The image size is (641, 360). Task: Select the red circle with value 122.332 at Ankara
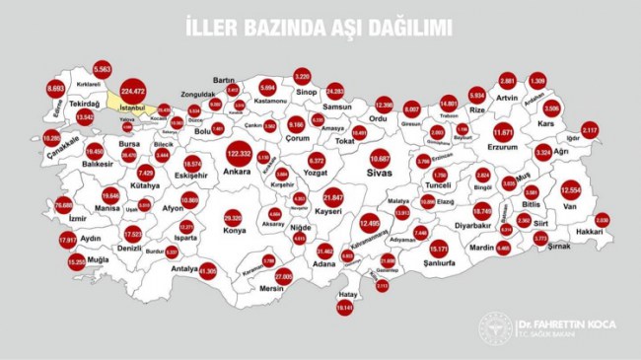click(238, 155)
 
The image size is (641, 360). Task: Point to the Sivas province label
click(380, 173)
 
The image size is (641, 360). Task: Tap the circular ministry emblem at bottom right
click(495, 328)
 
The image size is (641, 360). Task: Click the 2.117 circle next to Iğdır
click(590, 130)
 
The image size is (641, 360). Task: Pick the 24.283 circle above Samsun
click(334, 90)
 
